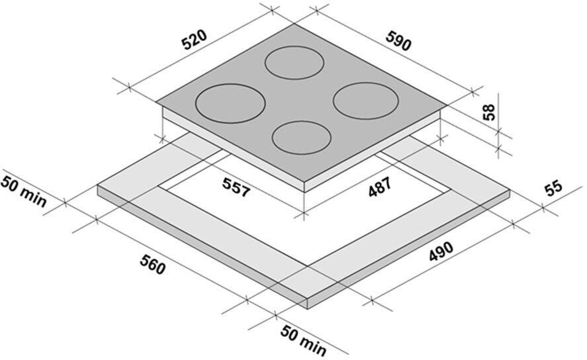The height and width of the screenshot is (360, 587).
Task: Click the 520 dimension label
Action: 194,40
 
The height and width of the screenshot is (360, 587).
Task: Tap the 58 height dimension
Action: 489,112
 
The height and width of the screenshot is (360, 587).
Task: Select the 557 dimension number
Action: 236,187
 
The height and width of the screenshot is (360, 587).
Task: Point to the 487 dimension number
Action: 380,187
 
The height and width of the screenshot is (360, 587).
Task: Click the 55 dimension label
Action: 554,187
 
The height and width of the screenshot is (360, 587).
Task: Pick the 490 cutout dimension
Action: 441,252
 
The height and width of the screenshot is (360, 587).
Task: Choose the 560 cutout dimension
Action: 152,264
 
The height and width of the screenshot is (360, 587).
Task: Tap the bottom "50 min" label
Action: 304,341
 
